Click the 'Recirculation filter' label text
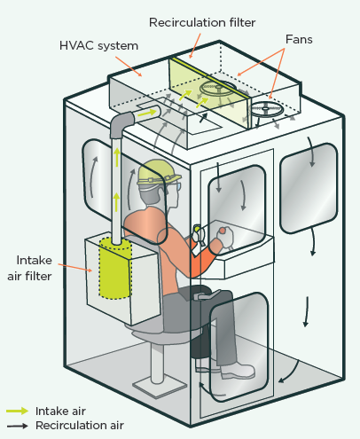[x=202, y=22]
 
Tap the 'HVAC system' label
[x=98, y=46]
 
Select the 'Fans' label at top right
[x=299, y=39]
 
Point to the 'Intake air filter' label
[x=30, y=268]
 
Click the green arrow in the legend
[x=18, y=411]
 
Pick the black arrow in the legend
[x=18, y=426]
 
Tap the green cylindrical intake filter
[x=115, y=268]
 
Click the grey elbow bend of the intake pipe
[x=121, y=122]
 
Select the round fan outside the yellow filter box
[x=267, y=109]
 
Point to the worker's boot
[x=238, y=372]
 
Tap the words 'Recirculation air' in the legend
[x=80, y=426]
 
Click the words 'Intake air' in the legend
[x=60, y=412]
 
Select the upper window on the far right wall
[x=309, y=188]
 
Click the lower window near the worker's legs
[x=239, y=347]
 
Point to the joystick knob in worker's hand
[x=223, y=231]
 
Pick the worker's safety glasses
[x=175, y=188]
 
